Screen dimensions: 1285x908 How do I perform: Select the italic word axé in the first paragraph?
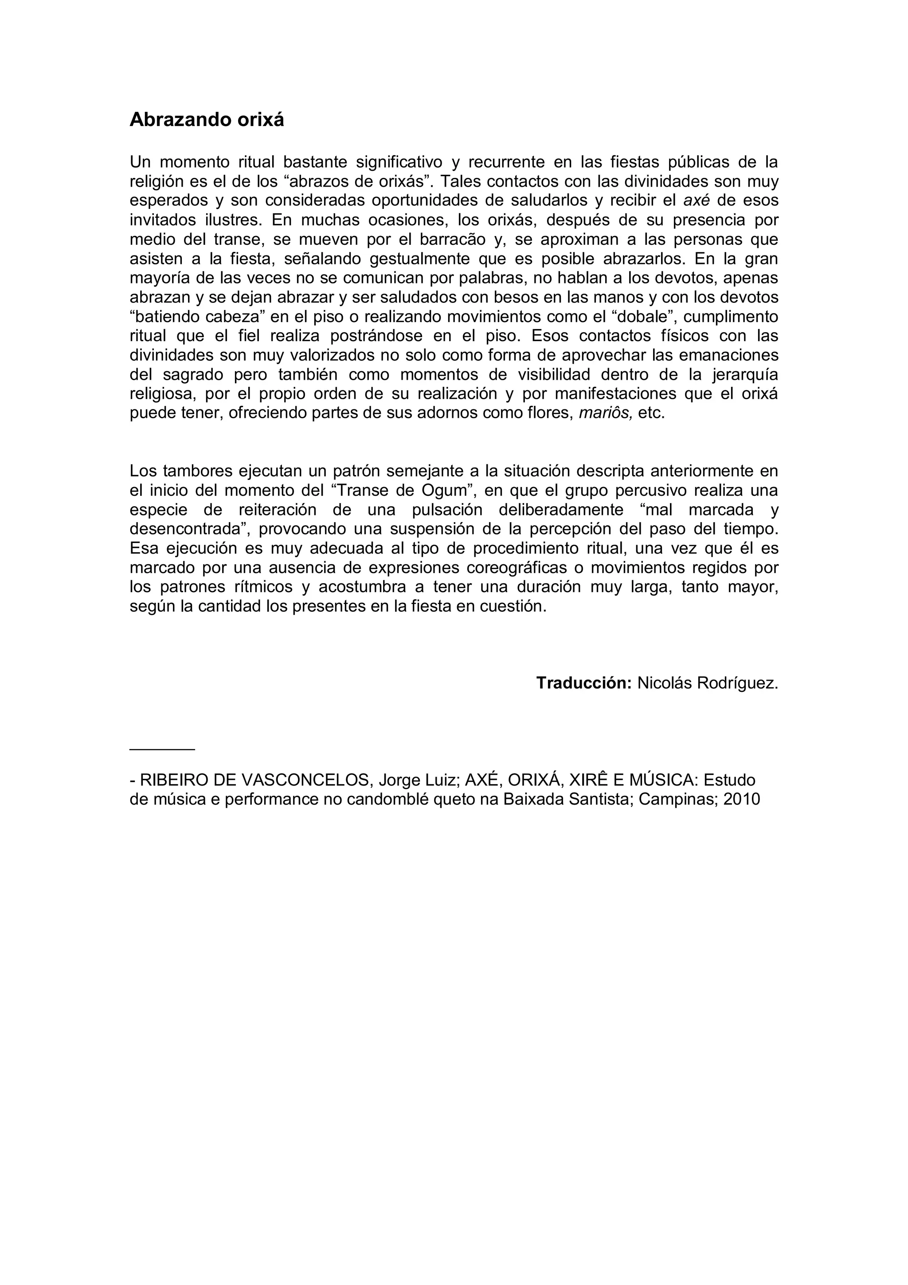pyautogui.click(x=697, y=200)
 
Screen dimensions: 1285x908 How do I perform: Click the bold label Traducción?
pyautogui.click(x=584, y=683)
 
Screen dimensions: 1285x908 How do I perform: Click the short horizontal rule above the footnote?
pyautogui.click(x=162, y=749)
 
